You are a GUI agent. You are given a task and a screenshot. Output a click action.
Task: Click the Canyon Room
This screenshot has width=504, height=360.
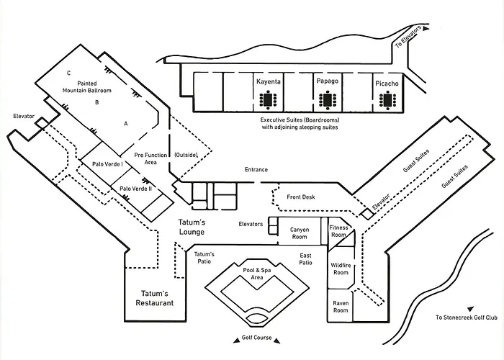point(300,233)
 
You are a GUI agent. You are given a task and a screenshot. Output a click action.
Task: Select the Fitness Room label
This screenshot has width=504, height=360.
point(338,232)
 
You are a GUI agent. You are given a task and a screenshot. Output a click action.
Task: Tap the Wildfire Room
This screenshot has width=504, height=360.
point(341,269)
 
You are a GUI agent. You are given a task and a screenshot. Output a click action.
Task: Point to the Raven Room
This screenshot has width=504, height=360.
point(341,307)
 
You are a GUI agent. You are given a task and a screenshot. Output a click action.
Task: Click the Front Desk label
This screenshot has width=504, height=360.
point(301,197)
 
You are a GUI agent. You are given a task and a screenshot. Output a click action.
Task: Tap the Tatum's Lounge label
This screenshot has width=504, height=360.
point(192,227)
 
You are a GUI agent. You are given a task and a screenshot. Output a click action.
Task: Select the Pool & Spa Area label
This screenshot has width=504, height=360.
point(256,273)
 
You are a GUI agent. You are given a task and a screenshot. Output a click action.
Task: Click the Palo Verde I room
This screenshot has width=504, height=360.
point(107,164)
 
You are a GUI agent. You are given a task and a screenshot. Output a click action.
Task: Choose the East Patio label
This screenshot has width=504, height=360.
point(305,259)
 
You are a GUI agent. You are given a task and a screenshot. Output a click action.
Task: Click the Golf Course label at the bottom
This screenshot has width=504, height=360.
point(257,338)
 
